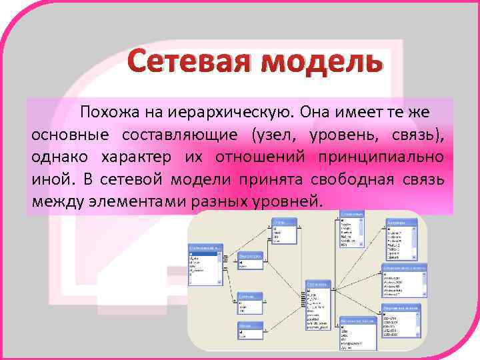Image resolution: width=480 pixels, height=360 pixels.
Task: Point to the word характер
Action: [x=133, y=157]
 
